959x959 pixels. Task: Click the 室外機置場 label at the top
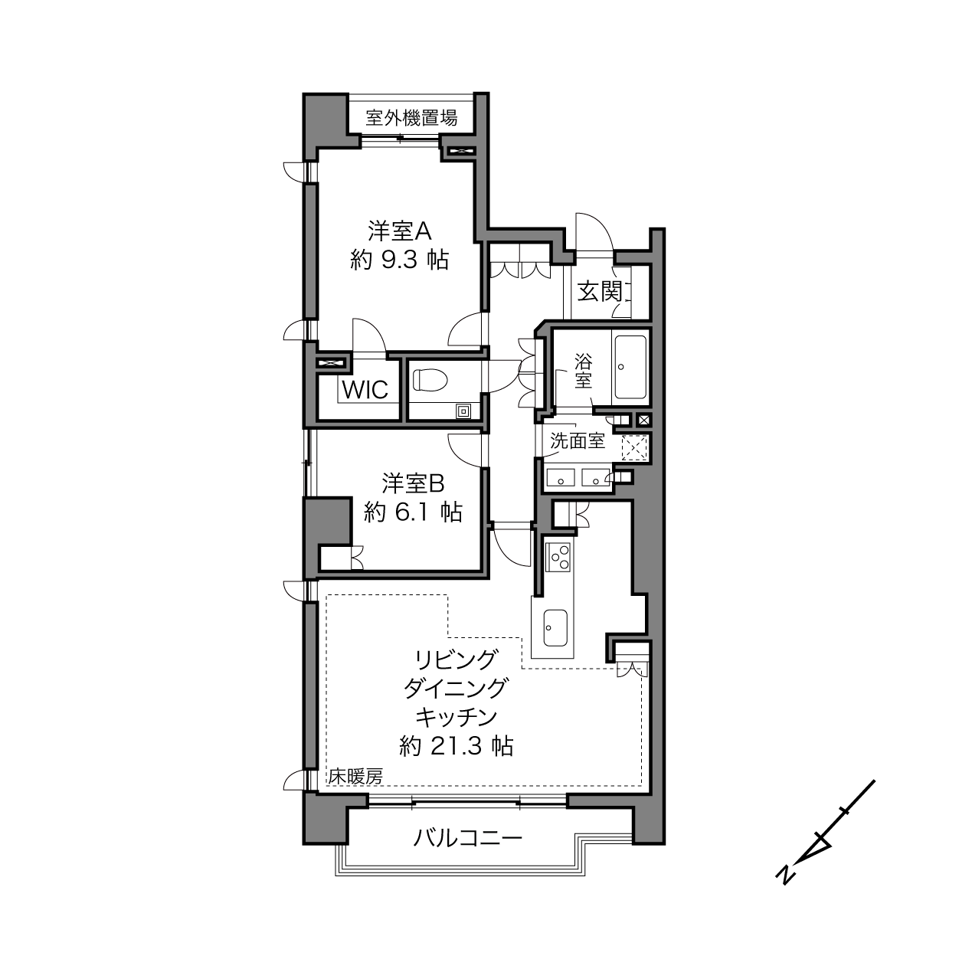(411, 118)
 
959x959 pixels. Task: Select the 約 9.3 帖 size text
(399, 260)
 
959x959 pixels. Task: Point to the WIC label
(365, 390)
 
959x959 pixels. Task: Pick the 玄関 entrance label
(600, 292)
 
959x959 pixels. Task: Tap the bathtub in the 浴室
(630, 368)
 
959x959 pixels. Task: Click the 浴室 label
(583, 371)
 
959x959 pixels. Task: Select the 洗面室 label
(578, 440)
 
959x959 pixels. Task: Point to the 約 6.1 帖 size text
(413, 512)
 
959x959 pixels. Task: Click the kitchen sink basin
(555, 628)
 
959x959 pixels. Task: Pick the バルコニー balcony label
(468, 838)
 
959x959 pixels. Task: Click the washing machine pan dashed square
(635, 447)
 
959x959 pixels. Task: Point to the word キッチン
(457, 717)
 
